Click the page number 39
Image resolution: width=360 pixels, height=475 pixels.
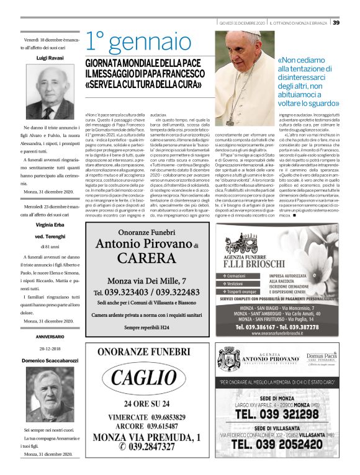(x=336, y=23)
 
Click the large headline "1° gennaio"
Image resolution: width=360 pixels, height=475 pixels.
(x=138, y=42)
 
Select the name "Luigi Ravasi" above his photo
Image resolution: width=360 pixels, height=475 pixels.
(x=50, y=57)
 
